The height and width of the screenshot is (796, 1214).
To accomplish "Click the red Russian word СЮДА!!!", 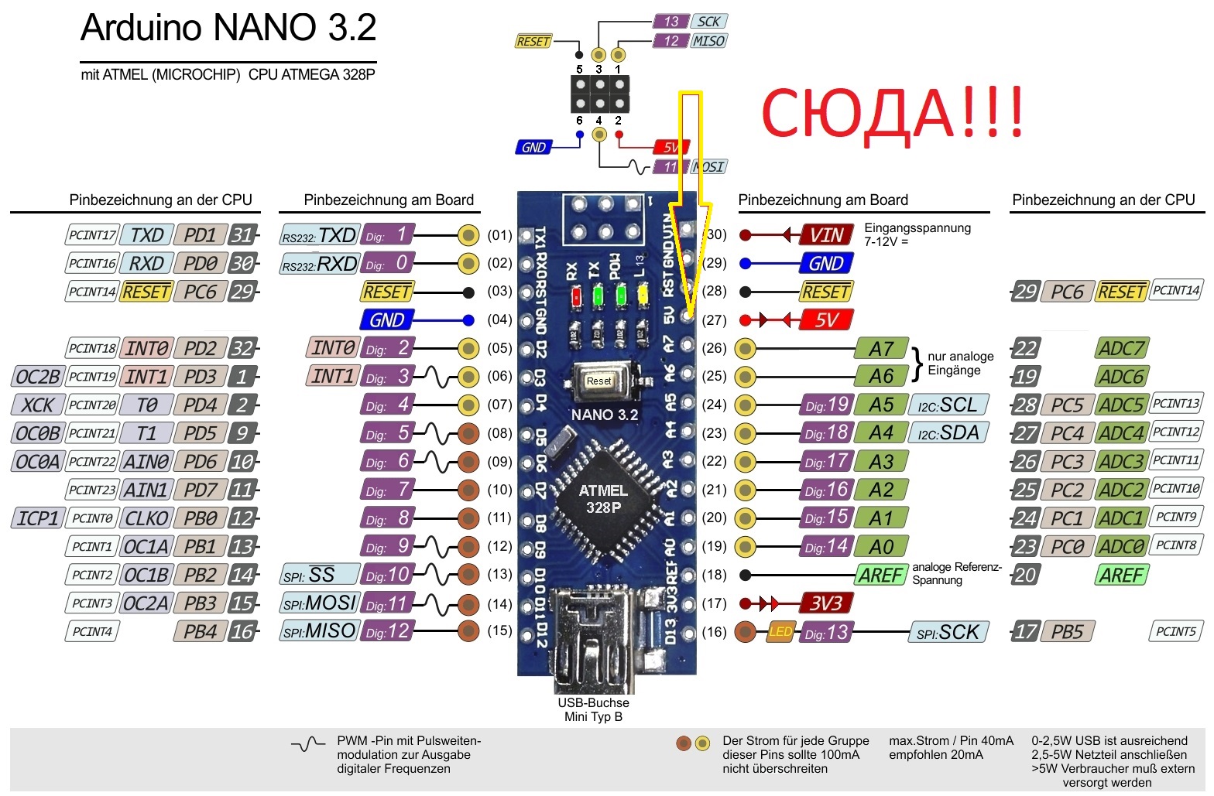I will [892, 114].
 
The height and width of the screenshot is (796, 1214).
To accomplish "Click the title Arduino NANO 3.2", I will [228, 29].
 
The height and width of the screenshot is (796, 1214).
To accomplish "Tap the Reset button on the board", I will [598, 381].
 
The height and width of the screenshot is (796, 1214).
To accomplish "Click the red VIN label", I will [826, 235].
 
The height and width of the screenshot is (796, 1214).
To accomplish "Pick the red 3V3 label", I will [826, 603].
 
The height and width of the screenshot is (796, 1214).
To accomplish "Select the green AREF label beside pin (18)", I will [881, 576].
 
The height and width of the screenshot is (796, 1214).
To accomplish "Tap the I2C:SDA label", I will [948, 433].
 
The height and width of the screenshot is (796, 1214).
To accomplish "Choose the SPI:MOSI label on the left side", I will [319, 603].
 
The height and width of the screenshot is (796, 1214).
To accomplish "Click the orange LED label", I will [780, 632].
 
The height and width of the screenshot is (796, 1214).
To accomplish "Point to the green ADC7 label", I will [1121, 349].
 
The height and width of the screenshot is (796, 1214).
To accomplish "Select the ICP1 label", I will [37, 518].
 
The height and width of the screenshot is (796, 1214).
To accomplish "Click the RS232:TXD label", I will [319, 235].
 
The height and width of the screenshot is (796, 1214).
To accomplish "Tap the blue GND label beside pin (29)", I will [826, 264].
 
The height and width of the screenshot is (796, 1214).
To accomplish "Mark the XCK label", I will [37, 405].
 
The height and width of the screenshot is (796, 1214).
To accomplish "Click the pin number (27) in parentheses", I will [714, 320].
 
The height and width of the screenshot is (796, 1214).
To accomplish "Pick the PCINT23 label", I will [92, 490].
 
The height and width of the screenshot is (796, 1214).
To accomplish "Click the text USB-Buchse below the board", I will [593, 702].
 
